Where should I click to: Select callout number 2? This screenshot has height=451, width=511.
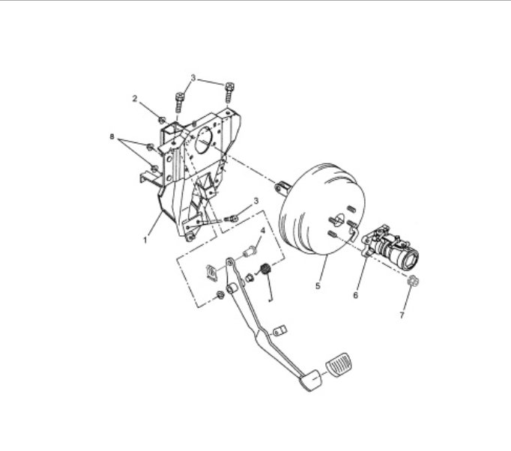point(136,99)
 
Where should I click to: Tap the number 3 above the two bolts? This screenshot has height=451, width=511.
point(193,78)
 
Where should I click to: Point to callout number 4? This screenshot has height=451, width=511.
point(262,230)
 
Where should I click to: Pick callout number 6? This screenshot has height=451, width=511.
point(357,295)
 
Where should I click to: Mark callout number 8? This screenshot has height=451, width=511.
point(112,138)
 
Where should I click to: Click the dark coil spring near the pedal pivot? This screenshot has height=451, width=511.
point(264,270)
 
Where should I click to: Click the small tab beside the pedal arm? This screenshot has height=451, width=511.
point(279,330)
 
